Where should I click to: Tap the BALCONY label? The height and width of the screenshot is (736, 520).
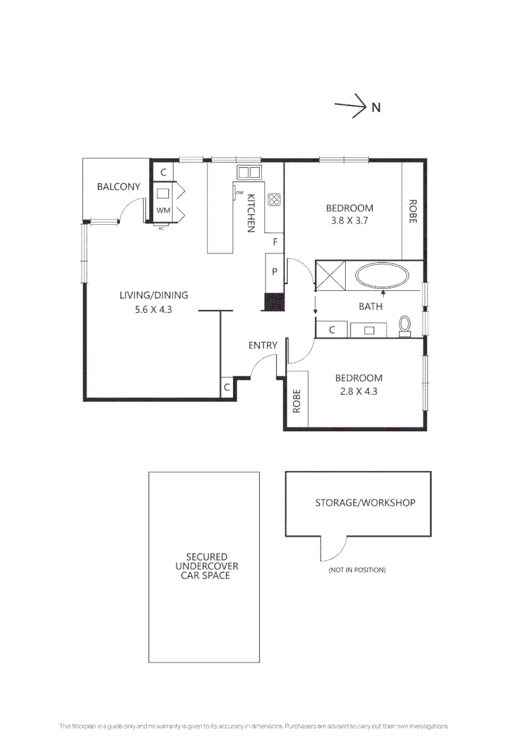(118, 187)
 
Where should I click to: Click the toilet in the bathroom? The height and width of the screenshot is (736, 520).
(406, 326)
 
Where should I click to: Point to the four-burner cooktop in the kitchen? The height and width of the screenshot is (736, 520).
(274, 199)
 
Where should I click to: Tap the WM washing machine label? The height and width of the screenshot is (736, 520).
(163, 211)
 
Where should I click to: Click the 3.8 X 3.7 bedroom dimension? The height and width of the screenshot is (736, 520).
(349, 221)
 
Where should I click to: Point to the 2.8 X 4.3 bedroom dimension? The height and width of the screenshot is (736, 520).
(358, 391)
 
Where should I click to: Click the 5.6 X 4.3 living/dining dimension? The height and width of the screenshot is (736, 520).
(153, 308)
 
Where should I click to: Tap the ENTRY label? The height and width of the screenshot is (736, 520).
(263, 346)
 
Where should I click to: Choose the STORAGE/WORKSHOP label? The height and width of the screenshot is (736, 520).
(365, 503)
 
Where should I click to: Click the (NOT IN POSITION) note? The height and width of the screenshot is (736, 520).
(357, 570)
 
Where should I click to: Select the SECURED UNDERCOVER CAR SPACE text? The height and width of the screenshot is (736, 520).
(205, 566)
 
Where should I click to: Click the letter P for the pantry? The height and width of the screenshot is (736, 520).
(275, 271)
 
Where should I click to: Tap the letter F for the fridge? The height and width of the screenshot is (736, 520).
(275, 242)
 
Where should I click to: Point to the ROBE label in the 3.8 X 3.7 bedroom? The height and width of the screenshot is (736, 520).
(412, 211)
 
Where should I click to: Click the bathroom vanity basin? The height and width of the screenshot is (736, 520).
(370, 330)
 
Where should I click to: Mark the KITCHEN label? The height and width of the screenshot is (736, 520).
(250, 213)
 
